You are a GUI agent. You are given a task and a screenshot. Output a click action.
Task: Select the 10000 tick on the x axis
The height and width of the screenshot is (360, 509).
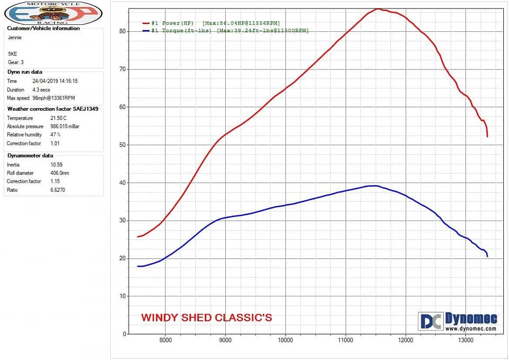tap(285, 340)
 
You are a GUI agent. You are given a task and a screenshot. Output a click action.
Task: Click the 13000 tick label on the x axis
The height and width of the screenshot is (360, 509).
tap(466, 340)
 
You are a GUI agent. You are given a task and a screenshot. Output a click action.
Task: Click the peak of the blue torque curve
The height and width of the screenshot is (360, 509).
tap(374, 186)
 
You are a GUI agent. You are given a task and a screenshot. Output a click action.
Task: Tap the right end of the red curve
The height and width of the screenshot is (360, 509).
tap(487, 136)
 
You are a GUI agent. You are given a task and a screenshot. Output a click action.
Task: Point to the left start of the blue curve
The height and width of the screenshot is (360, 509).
tap(138, 266)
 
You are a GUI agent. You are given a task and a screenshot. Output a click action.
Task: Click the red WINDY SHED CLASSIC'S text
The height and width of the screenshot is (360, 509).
tap(206, 318)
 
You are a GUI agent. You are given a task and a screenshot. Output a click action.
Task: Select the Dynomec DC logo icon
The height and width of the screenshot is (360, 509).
tap(430, 321)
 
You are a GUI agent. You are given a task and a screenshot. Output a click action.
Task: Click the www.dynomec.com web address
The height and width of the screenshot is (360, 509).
tap(470, 329)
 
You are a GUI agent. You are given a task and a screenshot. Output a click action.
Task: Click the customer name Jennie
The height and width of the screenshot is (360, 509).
tap(15, 38)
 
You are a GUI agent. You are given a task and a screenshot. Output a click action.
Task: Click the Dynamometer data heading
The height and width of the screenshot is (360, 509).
tap(30, 155)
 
